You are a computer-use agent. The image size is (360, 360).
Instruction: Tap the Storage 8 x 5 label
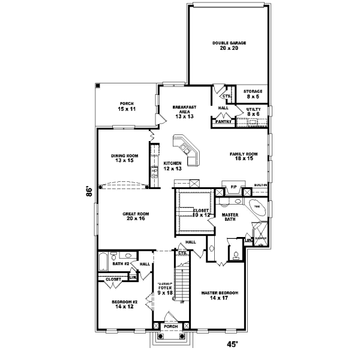click(253, 94)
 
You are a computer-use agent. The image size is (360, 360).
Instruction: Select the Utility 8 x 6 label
click(253, 111)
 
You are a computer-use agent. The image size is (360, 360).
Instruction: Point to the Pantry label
click(223, 121)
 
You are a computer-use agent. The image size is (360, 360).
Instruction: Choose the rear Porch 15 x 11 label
click(127, 106)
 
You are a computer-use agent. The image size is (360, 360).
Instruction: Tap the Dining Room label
click(124, 158)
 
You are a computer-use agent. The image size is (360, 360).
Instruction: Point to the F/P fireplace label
click(233, 187)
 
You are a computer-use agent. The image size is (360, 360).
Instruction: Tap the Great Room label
click(136, 217)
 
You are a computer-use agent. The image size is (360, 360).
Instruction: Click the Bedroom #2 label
click(125, 304)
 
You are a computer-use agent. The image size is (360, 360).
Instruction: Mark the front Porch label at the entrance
click(172, 327)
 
